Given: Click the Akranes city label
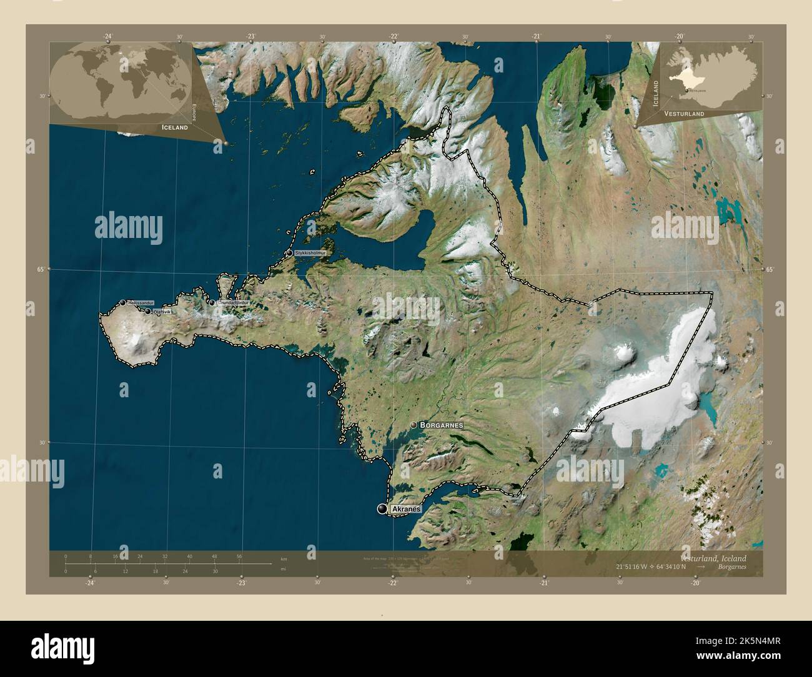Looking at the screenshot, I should tap(406, 510).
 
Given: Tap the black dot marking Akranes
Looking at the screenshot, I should tap(382, 510).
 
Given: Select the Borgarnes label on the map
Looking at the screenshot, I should tap(442, 425).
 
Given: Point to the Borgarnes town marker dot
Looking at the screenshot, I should tap(413, 425).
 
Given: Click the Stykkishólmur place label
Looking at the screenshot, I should tap(311, 253).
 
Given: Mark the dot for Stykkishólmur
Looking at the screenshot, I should tap(290, 253).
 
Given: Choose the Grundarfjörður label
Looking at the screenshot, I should tap(233, 303).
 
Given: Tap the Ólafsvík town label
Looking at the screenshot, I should tap(162, 311).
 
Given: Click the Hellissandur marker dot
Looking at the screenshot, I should tap(122, 303).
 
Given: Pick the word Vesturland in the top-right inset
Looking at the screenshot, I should tap(685, 114).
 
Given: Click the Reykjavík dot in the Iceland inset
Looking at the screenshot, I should tap(686, 91).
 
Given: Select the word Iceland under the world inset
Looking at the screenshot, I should tap(175, 127).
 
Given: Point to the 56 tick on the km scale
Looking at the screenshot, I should tap(239, 556).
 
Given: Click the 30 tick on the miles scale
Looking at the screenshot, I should tap(215, 571).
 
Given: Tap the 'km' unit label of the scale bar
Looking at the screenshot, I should tap(284, 558).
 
